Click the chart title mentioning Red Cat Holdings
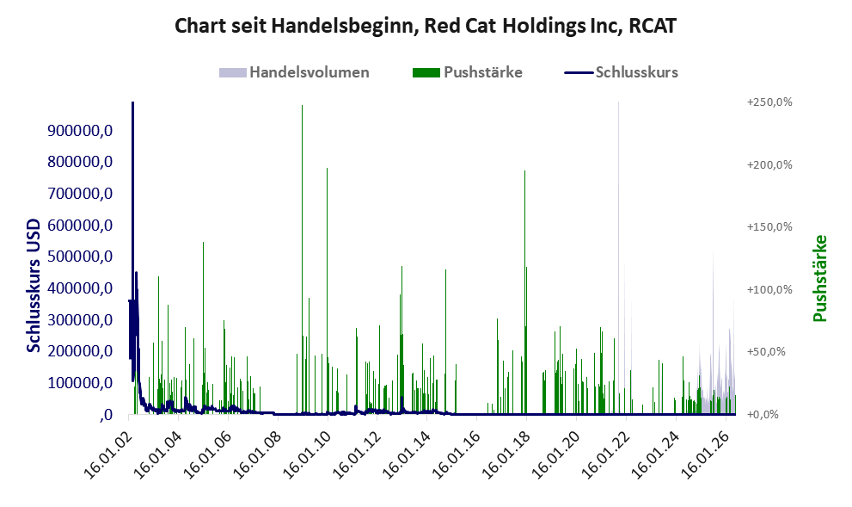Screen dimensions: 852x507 click(426, 26)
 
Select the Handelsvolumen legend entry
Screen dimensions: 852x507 click(294, 72)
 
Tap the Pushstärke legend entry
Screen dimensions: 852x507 click(468, 72)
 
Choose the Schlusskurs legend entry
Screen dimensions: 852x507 click(621, 72)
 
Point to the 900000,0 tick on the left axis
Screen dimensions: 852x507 click(80, 131)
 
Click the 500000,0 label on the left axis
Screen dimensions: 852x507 click(80, 257)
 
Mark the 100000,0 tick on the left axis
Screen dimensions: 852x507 click(80, 382)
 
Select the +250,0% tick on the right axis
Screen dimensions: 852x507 click(769, 102)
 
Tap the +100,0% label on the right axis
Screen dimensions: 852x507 click(769, 289)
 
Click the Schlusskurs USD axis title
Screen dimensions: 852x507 click(34, 286)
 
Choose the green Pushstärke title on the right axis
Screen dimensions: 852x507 click(820, 278)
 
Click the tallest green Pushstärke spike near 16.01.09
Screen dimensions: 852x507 click(302, 260)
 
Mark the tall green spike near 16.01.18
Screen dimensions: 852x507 click(525, 293)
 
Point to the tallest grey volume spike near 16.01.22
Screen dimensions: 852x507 click(618, 258)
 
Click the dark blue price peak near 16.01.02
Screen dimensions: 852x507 click(132, 103)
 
